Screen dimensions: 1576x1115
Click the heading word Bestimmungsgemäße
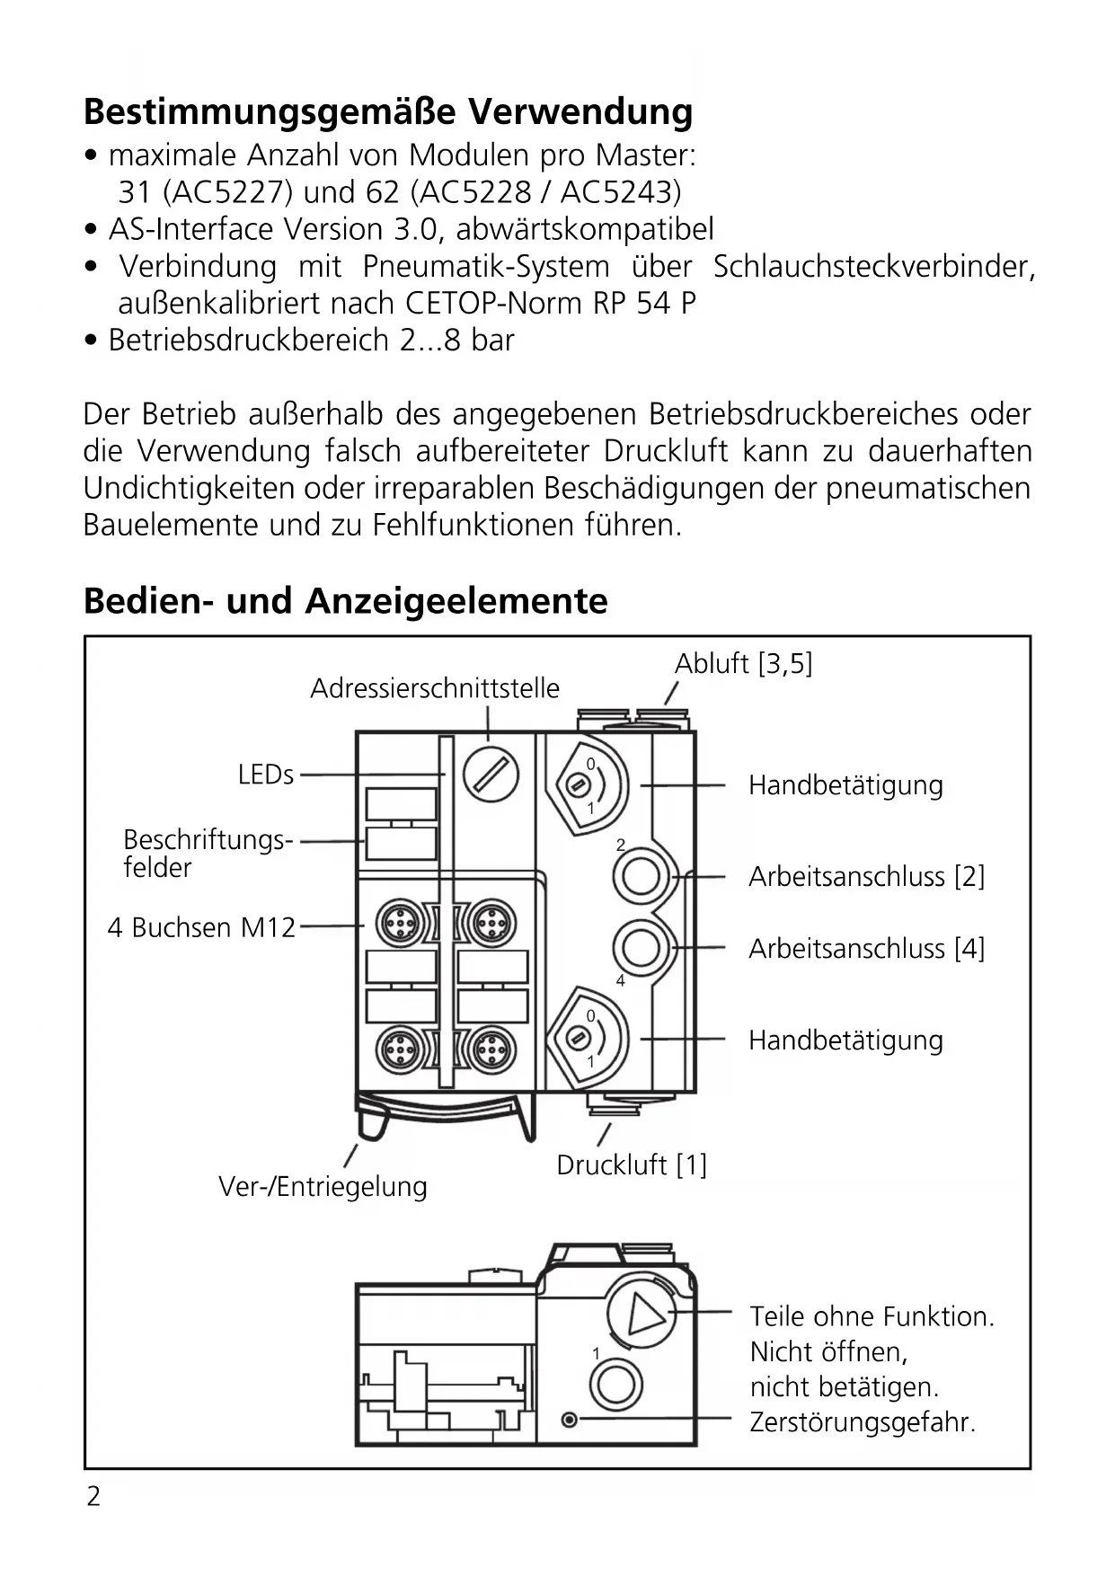pyautogui.click(x=269, y=112)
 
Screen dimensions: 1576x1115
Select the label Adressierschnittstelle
pyautogui.click(x=435, y=688)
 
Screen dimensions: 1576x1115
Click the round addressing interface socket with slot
pyautogui.click(x=491, y=774)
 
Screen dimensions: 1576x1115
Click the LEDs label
pyautogui.click(x=265, y=775)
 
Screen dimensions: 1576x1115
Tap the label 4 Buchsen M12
pyautogui.click(x=201, y=927)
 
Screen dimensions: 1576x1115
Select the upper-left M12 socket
pyautogui.click(x=397, y=922)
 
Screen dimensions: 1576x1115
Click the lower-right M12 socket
pyautogui.click(x=491, y=1047)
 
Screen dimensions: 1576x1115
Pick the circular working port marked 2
pyautogui.click(x=641, y=875)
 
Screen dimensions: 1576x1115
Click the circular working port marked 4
pyautogui.click(x=641, y=947)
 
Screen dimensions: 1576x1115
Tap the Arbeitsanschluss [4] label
pyautogui.click(x=866, y=949)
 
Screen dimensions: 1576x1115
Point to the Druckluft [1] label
pyautogui.click(x=632, y=1165)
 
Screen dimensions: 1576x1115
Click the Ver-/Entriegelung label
pyautogui.click(x=323, y=1187)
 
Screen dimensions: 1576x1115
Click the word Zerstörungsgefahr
pyautogui.click(x=863, y=1423)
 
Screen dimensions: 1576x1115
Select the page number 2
pyautogui.click(x=93, y=1497)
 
